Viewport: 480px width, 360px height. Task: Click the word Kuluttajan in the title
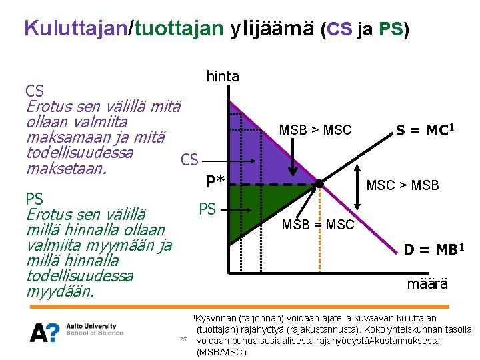click(x=75, y=28)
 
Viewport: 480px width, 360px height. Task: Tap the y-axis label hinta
click(x=222, y=77)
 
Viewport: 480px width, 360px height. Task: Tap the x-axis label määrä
click(x=427, y=284)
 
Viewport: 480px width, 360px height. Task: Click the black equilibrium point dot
click(x=319, y=184)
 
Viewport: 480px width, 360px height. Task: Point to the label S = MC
click(x=425, y=131)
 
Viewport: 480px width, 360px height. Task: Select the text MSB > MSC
click(x=315, y=130)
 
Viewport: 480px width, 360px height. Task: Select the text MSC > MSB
click(x=403, y=185)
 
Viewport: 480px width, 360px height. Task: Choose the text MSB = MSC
click(x=318, y=225)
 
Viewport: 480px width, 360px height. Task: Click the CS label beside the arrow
click(x=189, y=160)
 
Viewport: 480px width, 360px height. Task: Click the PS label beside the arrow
click(x=207, y=209)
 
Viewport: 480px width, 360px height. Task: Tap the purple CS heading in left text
click(x=34, y=91)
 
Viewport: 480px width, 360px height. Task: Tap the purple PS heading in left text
click(x=34, y=199)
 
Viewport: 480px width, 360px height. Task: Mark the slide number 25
click(x=183, y=339)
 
